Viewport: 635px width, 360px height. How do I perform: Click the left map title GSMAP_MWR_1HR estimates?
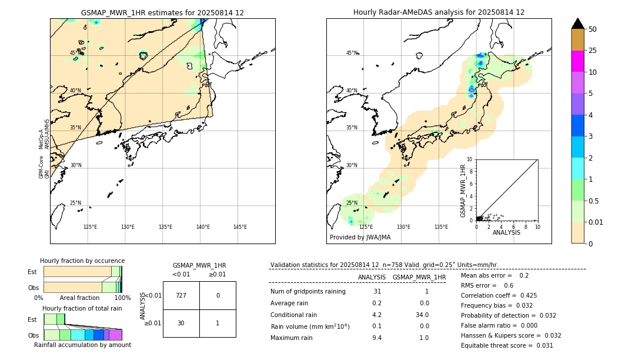[162, 12]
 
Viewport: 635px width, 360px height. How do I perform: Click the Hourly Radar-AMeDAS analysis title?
[439, 12]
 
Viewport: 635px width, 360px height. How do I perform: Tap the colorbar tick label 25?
[593, 51]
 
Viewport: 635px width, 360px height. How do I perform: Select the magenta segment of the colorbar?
[577, 61]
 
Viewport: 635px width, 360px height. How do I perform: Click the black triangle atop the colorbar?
[577, 24]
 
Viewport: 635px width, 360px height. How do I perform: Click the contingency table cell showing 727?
[181, 295]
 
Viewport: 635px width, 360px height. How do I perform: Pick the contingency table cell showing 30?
[181, 323]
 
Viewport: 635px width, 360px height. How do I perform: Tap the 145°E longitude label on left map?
[240, 227]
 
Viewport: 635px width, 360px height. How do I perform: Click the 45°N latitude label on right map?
[352, 53]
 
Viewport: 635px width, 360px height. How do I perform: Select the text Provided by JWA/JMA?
[360, 238]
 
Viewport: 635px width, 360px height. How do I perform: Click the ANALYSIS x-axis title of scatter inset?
[506, 233]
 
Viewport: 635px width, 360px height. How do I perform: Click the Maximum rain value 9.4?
[377, 338]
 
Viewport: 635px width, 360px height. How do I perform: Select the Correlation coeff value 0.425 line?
[499, 295]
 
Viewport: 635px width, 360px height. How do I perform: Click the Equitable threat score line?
[507, 345]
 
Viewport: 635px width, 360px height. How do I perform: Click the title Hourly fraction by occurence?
[82, 261]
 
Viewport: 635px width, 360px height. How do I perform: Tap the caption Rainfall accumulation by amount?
[82, 345]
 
